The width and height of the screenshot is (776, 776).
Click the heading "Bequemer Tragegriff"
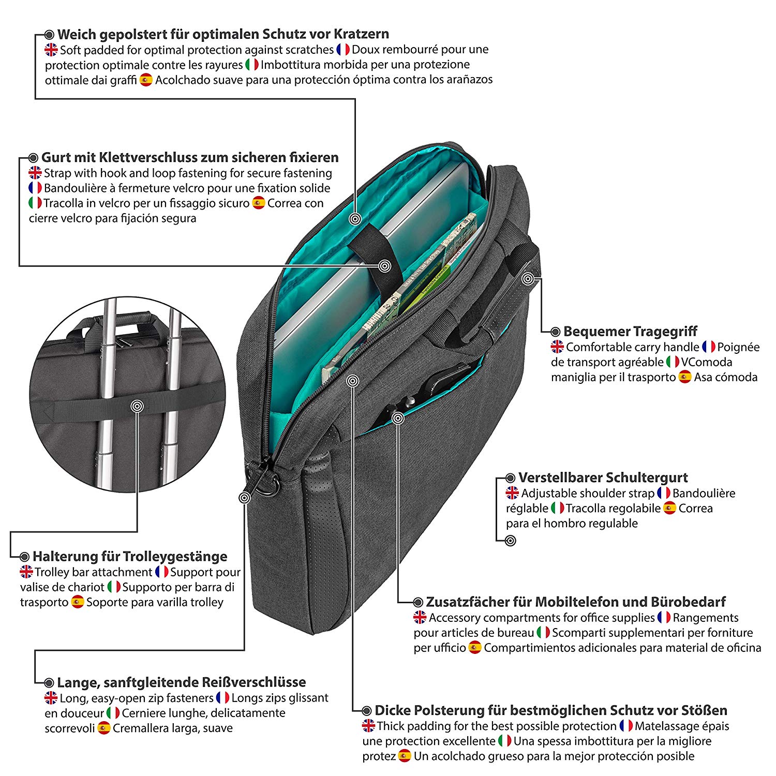point(630,331)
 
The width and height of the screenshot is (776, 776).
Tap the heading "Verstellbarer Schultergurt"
point(603,477)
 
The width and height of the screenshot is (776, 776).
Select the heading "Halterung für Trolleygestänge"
point(130,556)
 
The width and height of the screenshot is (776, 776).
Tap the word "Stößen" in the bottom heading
point(703,710)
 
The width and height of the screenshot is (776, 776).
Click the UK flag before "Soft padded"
point(51,50)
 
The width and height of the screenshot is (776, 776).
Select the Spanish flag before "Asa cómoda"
point(685,377)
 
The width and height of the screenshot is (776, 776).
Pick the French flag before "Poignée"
point(709,347)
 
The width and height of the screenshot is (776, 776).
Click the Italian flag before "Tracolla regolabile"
point(558,508)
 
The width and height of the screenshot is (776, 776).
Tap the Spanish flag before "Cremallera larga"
point(104,728)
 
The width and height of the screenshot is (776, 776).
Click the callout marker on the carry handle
point(527,279)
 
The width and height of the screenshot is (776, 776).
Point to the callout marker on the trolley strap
point(137,406)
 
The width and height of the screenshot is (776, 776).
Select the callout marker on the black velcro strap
point(384,266)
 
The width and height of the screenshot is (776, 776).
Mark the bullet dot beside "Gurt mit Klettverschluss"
point(34,158)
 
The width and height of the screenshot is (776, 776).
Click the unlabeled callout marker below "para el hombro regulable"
point(510,541)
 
